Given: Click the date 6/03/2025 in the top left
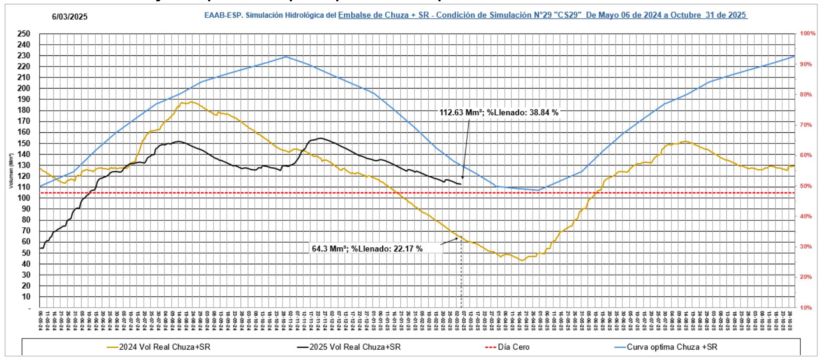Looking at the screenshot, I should click(69, 17).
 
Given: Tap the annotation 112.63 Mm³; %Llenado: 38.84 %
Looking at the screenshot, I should click(499, 113).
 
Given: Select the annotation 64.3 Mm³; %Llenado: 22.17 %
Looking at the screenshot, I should click(367, 249).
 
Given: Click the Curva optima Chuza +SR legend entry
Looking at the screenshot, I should click(672, 347).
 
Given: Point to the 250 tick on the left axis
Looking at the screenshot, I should click(24, 34).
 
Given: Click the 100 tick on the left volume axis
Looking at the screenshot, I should click(24, 198).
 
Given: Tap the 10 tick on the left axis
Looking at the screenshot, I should click(26, 297).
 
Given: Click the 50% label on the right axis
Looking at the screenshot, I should click(806, 186).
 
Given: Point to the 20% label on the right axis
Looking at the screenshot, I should click(806, 277).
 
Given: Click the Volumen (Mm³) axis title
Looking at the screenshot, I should click(11, 171).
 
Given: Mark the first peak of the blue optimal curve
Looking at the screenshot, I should click(286, 56).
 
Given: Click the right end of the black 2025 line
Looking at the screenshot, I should click(460, 184).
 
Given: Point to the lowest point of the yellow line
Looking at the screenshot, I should click(521, 260).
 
